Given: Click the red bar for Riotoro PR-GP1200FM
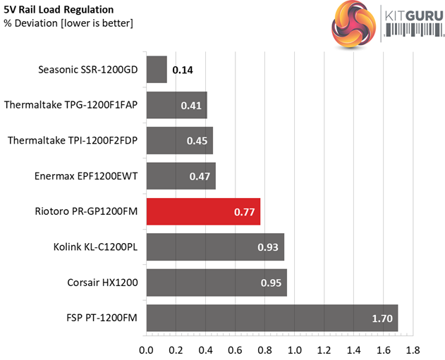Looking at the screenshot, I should point(203,211).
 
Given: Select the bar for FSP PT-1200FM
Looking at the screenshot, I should point(272,318).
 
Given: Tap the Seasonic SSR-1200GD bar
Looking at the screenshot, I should point(157,70).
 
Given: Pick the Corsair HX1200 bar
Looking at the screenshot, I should point(217,283).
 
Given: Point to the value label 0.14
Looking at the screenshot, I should point(183,70).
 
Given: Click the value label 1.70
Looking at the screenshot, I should point(382,318).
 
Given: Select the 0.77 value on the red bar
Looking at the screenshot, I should point(245,211).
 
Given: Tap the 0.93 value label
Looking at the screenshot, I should point(269,247).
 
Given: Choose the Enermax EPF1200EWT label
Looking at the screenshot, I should point(86,176).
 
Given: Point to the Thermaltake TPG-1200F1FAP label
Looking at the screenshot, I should point(71,106).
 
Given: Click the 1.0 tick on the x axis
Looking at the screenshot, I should point(295,349).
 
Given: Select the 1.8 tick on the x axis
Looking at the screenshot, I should point(413,349).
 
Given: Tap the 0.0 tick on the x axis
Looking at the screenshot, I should point(147,349).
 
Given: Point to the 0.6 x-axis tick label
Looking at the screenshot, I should point(236,349).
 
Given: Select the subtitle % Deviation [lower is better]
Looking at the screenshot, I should point(68,24).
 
